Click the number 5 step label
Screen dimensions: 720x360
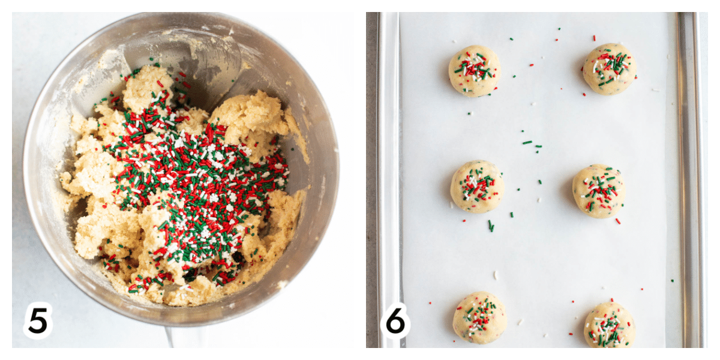tap(38, 320)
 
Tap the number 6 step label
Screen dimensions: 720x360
tap(395, 320)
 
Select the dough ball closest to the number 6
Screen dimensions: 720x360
tap(479, 317)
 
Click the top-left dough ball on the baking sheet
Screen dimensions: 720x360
tap(475, 71)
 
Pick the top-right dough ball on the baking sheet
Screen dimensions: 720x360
tap(610, 69)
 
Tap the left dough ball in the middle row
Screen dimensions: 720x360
tap(477, 187)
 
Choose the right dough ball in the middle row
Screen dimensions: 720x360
tap(599, 191)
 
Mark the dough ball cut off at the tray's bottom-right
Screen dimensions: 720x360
tap(610, 325)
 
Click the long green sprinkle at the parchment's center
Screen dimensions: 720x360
tap(527, 142)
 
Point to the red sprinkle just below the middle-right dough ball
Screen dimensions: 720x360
tap(618, 221)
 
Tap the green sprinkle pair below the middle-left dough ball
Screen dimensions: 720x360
tap(491, 226)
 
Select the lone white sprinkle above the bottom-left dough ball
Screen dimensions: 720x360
tap(496, 275)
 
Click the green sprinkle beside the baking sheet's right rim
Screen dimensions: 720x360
tap(672, 281)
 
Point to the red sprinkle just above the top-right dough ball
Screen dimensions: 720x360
tap(595, 38)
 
